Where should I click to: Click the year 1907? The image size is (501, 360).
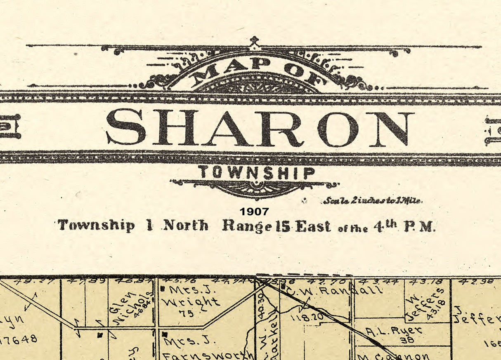pos(254,212)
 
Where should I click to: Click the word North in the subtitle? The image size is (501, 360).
pos(186,226)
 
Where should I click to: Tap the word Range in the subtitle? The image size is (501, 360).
pos(243,226)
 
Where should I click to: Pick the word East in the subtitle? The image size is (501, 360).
pos(313,226)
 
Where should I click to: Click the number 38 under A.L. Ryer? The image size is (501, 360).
pos(396,339)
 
